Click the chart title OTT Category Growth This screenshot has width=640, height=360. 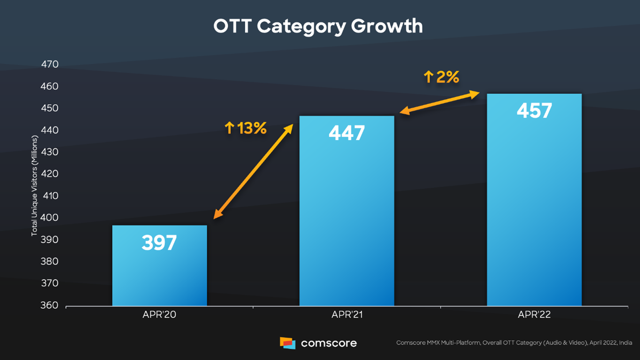[318, 26]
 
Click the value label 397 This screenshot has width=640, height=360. [159, 243]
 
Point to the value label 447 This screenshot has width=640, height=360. [346, 133]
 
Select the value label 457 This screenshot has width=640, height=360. [534, 111]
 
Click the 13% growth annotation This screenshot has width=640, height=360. [245, 128]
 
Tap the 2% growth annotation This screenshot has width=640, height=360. [441, 77]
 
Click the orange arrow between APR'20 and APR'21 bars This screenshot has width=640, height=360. [254, 171]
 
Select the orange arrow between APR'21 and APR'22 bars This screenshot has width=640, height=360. [439, 102]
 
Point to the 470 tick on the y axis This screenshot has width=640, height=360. [49, 64]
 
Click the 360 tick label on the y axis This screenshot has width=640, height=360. [49, 305]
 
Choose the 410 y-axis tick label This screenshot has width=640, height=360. [49, 196]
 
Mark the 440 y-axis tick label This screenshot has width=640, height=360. [49, 130]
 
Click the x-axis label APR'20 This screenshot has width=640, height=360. [159, 315]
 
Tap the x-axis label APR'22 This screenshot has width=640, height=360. [534, 315]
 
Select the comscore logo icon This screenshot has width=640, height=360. [287, 343]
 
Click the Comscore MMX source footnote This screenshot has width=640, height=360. [514, 343]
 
